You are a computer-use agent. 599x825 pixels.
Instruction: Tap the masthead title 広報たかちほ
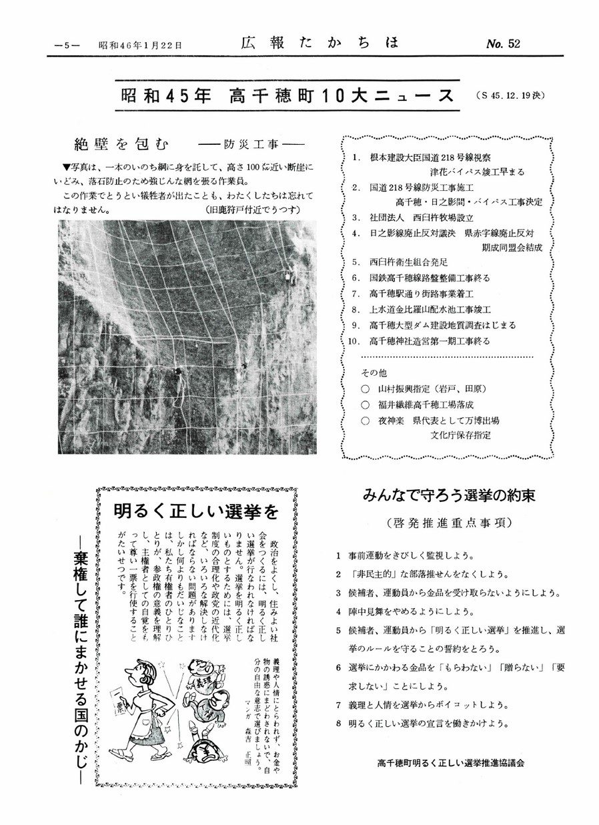coord(319,43)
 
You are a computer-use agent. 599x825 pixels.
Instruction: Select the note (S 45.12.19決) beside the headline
coord(512,95)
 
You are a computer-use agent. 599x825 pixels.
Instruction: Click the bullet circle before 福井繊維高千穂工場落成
coord(364,404)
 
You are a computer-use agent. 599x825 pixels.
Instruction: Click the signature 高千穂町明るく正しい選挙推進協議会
coord(450,763)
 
